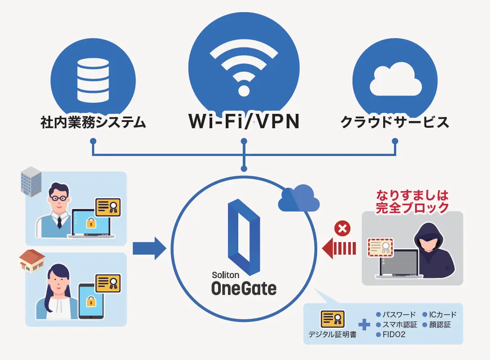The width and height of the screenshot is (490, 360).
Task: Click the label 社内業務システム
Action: point(93,122)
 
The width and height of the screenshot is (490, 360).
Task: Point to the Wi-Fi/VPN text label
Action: point(244,121)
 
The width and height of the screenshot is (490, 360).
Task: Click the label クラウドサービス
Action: point(395,122)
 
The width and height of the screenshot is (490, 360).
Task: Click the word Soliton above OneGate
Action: point(226,275)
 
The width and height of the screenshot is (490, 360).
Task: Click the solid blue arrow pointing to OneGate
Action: point(150,248)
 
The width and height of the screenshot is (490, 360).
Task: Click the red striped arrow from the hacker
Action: point(339,248)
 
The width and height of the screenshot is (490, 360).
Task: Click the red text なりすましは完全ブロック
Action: point(412,202)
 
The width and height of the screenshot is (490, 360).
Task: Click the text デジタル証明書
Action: point(332,334)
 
